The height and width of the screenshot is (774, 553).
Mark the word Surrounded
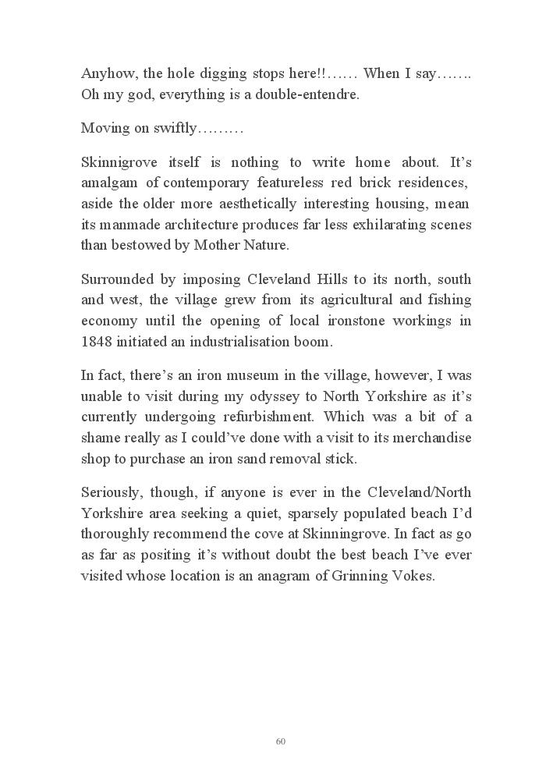click(x=115, y=279)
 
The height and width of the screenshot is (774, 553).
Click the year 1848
click(x=97, y=340)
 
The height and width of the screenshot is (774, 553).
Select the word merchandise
click(x=430, y=438)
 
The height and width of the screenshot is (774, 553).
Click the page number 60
click(x=280, y=740)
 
